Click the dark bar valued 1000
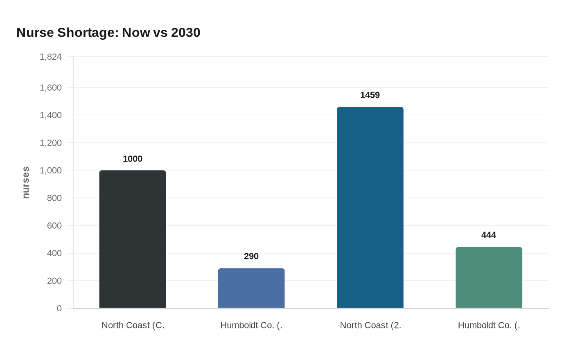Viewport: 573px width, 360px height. pos(132,239)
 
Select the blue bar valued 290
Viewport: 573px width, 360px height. pos(251,288)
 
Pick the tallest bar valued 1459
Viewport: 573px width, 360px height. pos(370,208)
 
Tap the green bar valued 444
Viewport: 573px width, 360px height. pos(489,278)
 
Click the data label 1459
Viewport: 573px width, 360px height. pos(370,95)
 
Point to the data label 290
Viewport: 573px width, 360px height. pos(251,256)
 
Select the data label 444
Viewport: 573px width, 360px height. pos(489,235)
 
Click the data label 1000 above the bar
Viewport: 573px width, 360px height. pos(132,159)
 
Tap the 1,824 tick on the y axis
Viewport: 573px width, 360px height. pos(51,57)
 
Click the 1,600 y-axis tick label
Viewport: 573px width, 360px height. pos(51,88)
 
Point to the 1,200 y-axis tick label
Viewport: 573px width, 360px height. pos(51,143)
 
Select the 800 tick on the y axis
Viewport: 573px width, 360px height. pos(54,198)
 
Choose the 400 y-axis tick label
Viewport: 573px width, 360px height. pos(54,253)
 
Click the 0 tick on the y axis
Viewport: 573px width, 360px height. pos(59,308)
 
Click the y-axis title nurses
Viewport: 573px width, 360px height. pos(26,182)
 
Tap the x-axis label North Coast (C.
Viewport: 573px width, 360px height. pos(133,325)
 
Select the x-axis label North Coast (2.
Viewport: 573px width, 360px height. pos(370,325)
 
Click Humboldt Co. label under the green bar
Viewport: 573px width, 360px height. pos(489,325)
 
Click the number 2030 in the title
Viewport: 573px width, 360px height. pos(185,32)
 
